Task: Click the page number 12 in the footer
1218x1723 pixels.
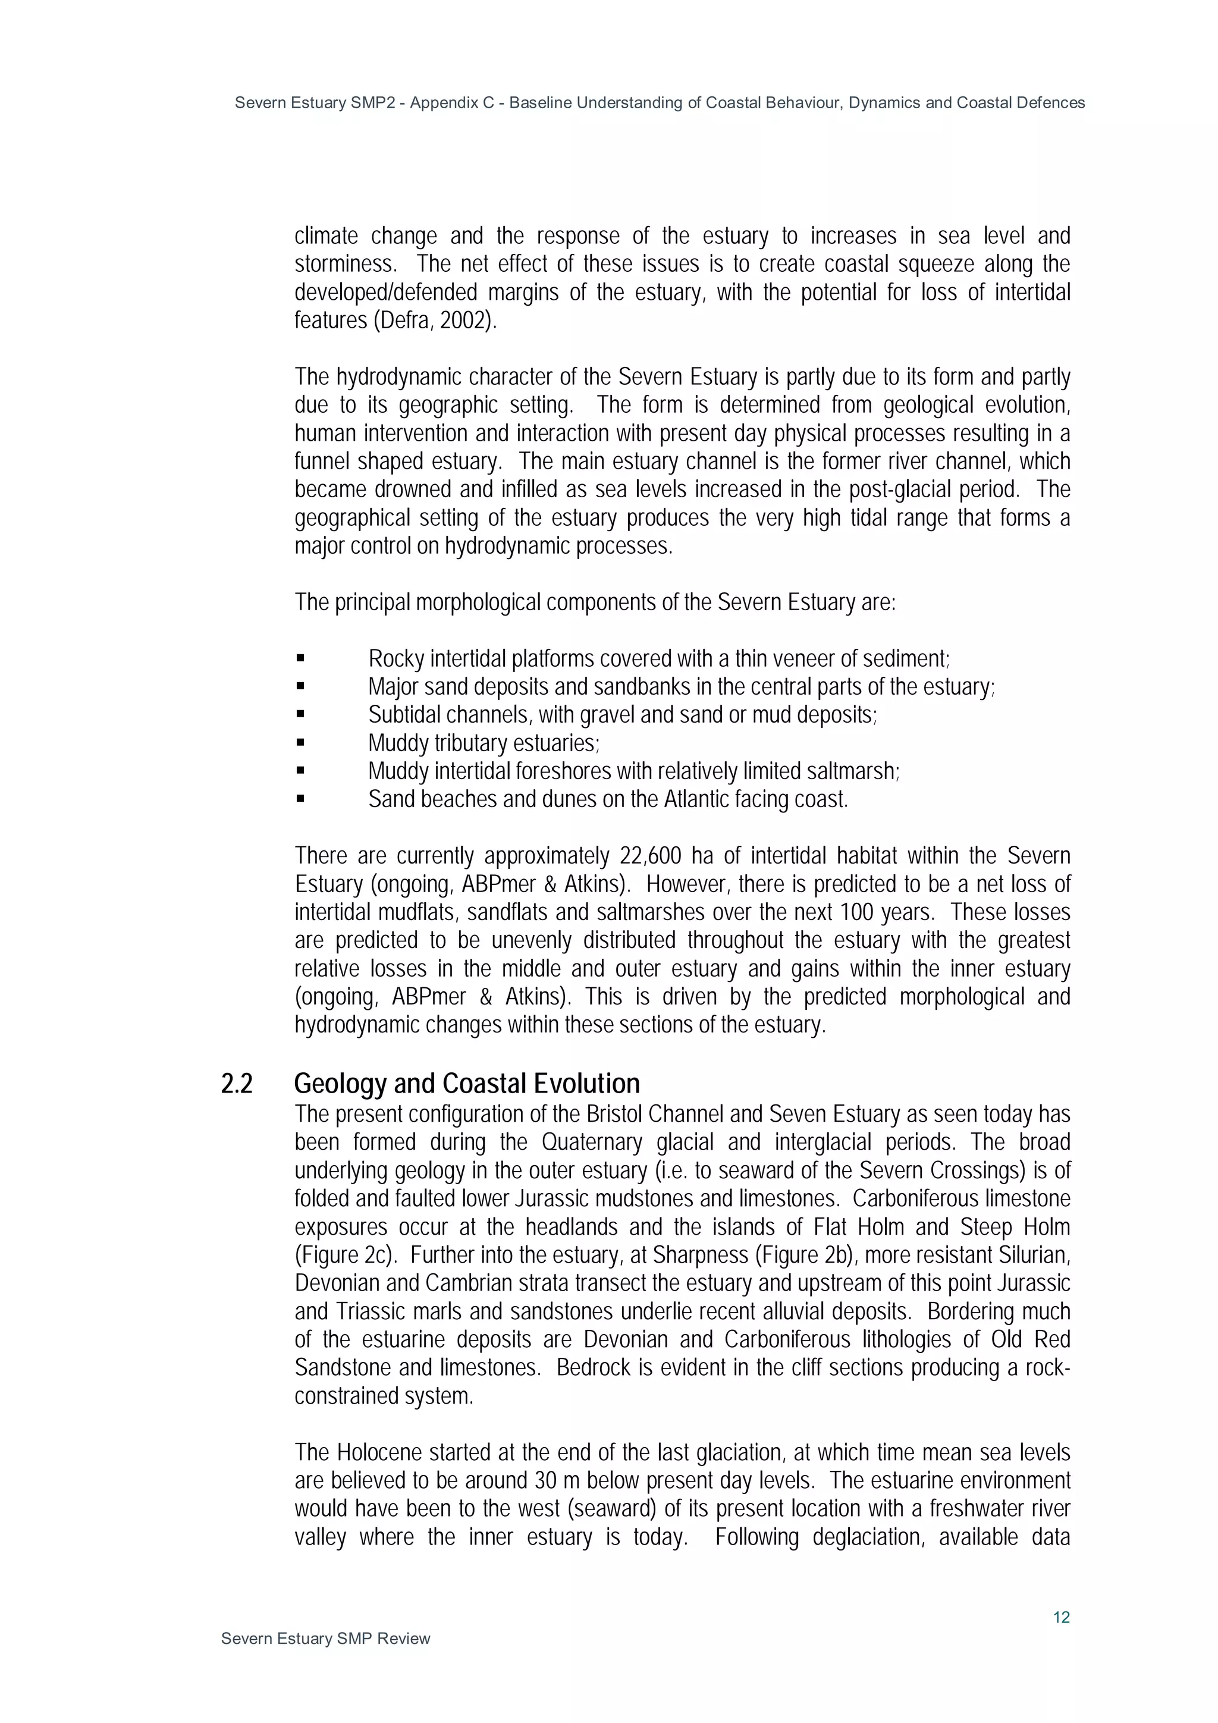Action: tap(1060, 1617)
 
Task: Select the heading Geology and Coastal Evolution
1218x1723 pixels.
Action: tap(466, 1084)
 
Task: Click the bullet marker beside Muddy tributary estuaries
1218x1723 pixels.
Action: tap(300, 743)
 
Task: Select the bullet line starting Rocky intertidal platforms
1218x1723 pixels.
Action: tap(658, 659)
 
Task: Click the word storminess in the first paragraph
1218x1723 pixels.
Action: tap(344, 264)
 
